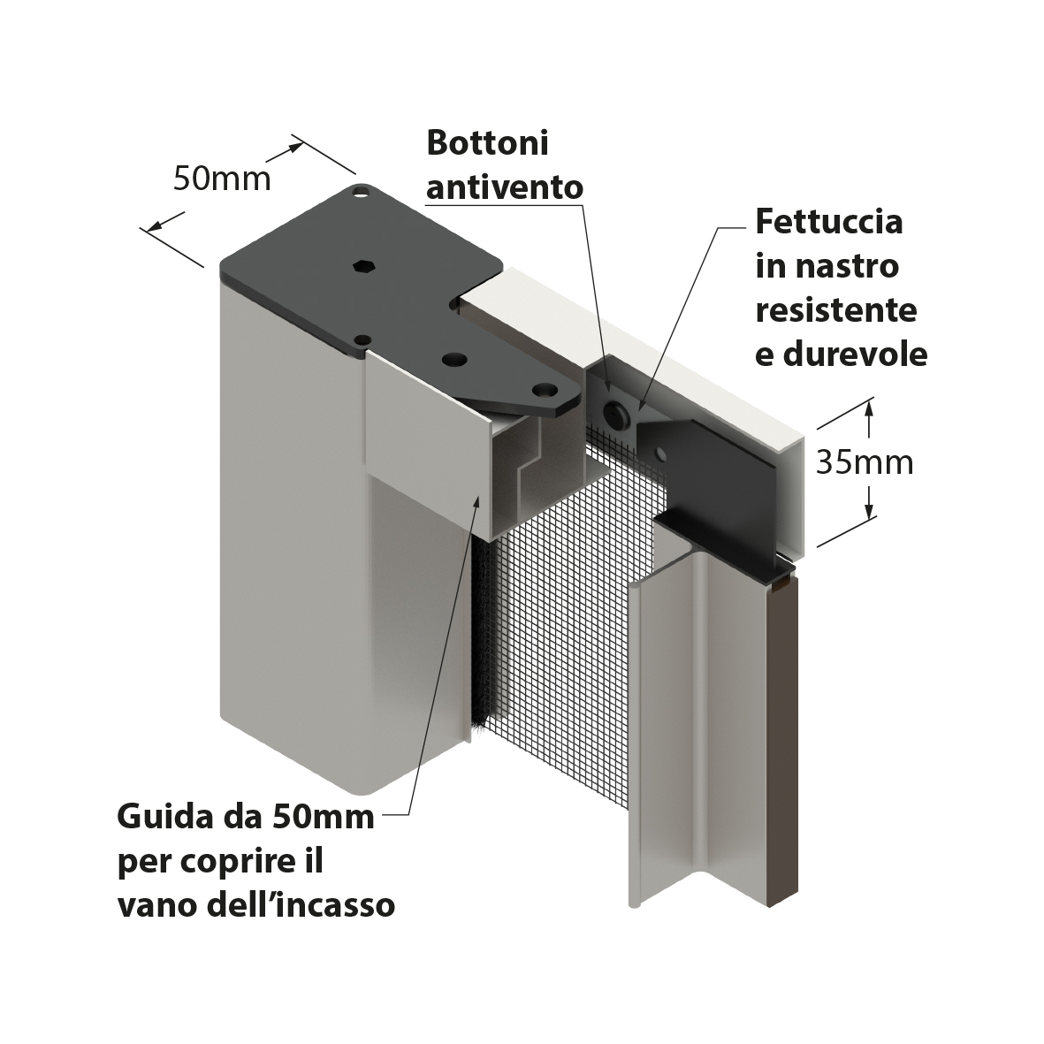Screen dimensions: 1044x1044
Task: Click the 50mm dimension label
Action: [x=222, y=179]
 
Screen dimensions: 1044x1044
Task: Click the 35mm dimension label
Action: [x=865, y=462]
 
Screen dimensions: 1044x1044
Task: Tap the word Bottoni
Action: [x=487, y=142]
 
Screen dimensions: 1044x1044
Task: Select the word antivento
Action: [x=505, y=187]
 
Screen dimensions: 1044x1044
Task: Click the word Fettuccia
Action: [x=829, y=221]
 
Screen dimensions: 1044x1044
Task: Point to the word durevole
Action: [x=855, y=354]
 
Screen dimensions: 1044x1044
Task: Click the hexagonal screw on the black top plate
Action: [x=364, y=265]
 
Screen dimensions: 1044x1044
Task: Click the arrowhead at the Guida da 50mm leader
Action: [x=476, y=501]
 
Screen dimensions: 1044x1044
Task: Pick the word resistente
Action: [x=836, y=310]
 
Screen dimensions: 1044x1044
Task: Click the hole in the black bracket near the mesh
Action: [x=660, y=454]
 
